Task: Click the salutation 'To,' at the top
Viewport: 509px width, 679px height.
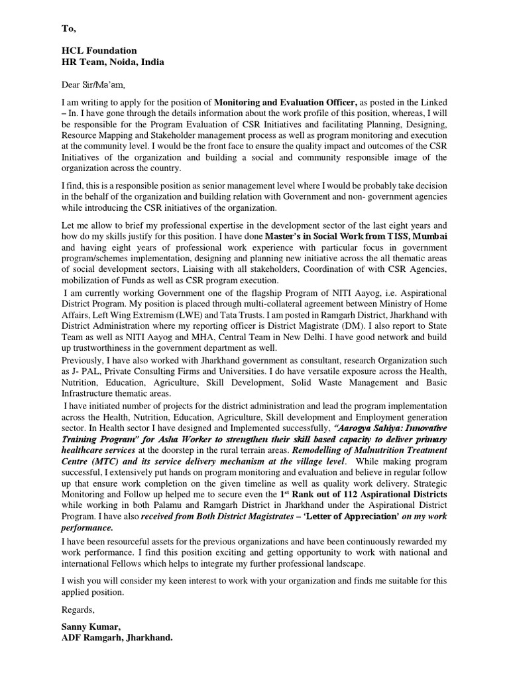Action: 69,29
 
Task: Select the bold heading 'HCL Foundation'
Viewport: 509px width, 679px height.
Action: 99,50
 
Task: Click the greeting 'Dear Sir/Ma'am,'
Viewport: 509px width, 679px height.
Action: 93,84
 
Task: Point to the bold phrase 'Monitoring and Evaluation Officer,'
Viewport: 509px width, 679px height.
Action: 286,102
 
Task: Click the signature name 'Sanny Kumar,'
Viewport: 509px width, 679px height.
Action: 89,626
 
